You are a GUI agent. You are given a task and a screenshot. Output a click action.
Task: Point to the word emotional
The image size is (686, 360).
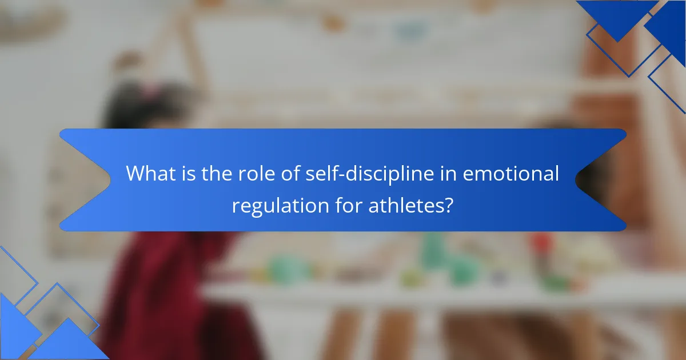click(x=510, y=174)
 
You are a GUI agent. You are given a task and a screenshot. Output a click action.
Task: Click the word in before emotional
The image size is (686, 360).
click(x=448, y=174)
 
